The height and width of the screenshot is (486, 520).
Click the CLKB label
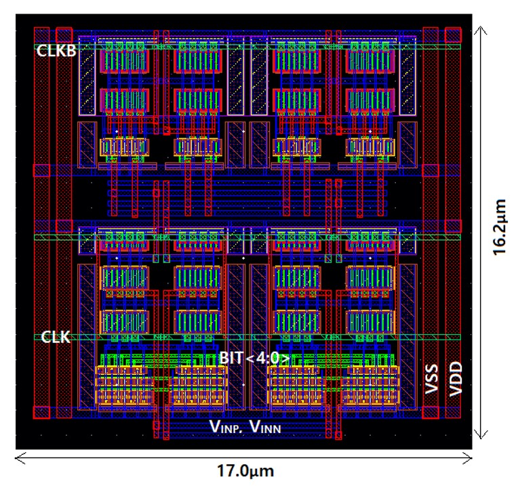56,51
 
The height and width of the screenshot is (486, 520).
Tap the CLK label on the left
56,337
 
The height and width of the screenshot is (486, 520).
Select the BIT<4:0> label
255,358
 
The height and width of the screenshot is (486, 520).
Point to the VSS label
431,380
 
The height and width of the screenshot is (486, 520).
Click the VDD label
456,379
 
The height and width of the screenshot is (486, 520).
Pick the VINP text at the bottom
224,426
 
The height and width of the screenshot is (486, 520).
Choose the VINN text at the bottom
265,426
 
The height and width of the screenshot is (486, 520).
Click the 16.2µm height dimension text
500,227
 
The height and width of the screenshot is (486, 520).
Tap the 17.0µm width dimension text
245,470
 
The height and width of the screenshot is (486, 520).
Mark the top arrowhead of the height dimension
481,27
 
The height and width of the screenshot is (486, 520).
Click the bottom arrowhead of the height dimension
481,439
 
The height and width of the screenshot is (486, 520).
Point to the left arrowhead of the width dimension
16,458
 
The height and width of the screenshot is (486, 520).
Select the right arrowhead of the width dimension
472,458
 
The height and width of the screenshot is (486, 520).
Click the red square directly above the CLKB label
64,35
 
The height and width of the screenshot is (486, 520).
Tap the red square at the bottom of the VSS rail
431,412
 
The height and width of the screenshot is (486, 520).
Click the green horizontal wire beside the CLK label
247,338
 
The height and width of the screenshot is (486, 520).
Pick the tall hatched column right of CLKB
87,76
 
